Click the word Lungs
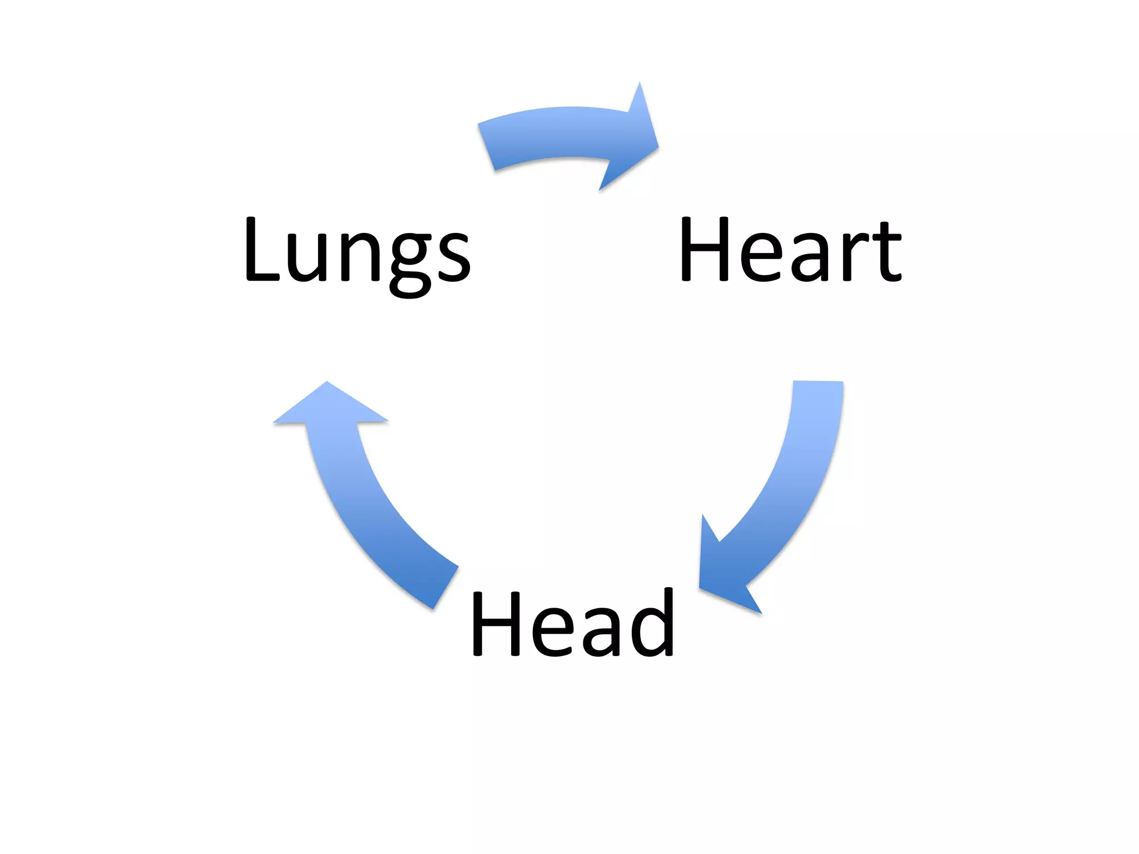[x=357, y=253]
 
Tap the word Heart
[x=790, y=250]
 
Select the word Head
[x=573, y=624]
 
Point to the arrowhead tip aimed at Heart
[x=657, y=147]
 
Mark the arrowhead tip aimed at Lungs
[x=327, y=382]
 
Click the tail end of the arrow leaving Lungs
[x=487, y=147]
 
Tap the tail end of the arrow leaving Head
[x=445, y=587]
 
